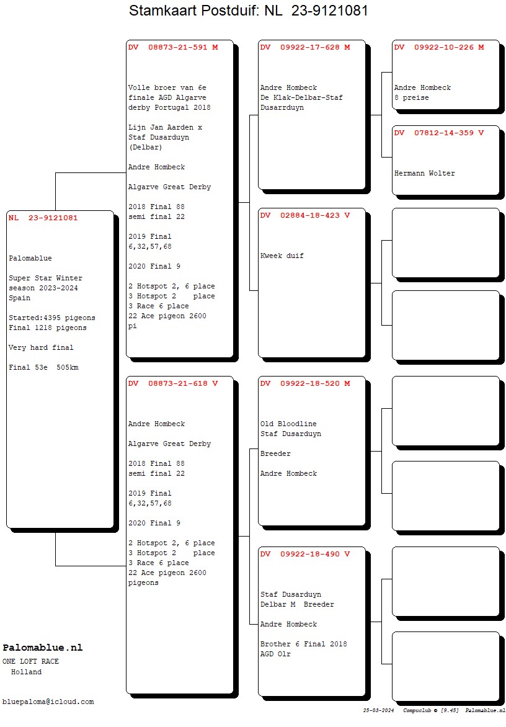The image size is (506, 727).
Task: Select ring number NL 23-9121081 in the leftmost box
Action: click(43, 218)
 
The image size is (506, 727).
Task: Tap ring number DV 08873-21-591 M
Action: click(173, 47)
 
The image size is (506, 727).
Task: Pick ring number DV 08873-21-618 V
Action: click(173, 383)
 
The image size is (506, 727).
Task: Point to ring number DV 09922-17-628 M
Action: click(305, 47)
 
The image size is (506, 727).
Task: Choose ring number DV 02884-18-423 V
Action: click(305, 215)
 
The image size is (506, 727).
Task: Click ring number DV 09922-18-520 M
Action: click(305, 383)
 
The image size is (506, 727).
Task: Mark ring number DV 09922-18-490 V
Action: click(305, 554)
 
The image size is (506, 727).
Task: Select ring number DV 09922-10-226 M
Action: click(439, 47)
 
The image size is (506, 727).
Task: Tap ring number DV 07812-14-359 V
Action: click(439, 133)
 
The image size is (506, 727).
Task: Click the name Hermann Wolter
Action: click(424, 174)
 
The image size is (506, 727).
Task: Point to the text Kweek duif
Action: click(282, 256)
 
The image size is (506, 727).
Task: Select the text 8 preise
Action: click(412, 98)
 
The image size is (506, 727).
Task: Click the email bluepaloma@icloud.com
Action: click(48, 702)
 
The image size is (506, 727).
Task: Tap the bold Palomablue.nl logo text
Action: click(43, 648)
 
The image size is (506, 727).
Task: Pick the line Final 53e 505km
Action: click(43, 368)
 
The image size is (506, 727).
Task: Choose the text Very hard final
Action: click(41, 348)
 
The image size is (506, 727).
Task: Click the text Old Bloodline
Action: click(288, 424)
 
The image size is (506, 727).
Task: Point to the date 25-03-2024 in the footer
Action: click(379, 710)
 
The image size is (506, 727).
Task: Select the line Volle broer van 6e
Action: click(167, 87)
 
